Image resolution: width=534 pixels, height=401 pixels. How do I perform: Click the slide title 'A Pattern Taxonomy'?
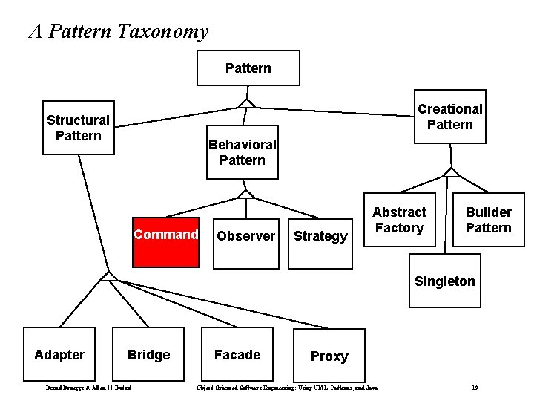pos(119,32)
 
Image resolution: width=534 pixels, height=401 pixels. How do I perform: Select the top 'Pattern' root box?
pos(248,68)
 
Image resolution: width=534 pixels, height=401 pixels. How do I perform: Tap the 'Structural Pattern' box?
pos(79,128)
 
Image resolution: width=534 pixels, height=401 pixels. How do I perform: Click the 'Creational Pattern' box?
pos(449,117)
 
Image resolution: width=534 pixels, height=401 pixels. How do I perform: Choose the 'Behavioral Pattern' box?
pos(243,152)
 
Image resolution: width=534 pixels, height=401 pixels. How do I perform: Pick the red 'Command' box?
pos(166,241)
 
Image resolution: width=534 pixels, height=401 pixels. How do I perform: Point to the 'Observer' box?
pos(245,236)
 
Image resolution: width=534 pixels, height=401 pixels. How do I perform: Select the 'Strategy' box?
pos(320,236)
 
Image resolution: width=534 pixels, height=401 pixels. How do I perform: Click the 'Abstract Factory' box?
pos(399,221)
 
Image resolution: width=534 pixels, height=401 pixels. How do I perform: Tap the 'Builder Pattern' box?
pos(488,221)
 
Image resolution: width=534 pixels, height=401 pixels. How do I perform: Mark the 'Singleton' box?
pos(445,281)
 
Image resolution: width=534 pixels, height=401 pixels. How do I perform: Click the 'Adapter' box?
pos(59,355)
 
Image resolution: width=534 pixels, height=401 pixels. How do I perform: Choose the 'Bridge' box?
pos(148,355)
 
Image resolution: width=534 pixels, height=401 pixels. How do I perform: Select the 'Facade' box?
pos(237,355)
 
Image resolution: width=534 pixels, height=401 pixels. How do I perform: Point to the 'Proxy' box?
pos(329,356)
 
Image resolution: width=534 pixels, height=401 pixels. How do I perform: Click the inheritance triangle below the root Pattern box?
pos(247,102)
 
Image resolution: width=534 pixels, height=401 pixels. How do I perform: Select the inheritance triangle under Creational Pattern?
pos(450,172)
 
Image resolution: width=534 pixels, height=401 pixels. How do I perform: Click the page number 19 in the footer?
pos(475,388)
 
